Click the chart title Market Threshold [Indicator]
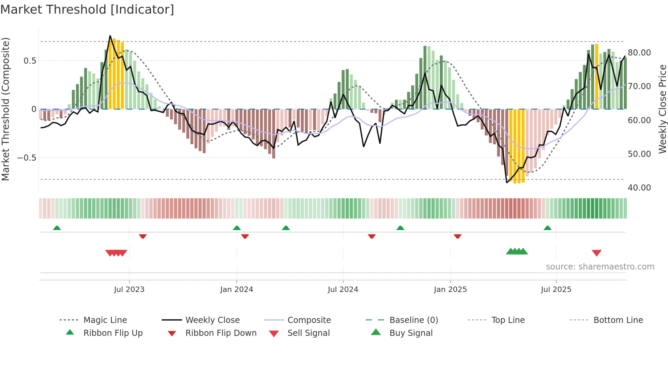(87, 10)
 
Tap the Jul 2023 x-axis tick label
(129, 290)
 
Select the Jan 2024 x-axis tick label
(237, 290)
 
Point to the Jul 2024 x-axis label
(343, 290)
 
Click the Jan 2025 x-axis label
(450, 290)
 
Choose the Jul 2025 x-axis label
(556, 290)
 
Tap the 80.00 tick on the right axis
(639, 53)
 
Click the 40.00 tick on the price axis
(639, 188)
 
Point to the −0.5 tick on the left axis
(27, 158)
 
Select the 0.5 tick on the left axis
(30, 61)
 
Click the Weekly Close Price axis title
(662, 109)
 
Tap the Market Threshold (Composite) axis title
(5, 109)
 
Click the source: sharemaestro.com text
(600, 267)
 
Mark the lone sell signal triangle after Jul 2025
(596, 253)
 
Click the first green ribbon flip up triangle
(57, 228)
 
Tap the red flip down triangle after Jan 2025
(457, 236)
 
